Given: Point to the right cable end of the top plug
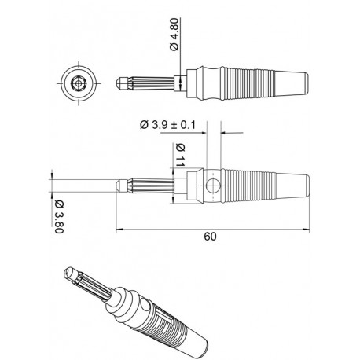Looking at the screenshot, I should tap(308, 82).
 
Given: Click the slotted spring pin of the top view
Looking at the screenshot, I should tap(149, 82).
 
